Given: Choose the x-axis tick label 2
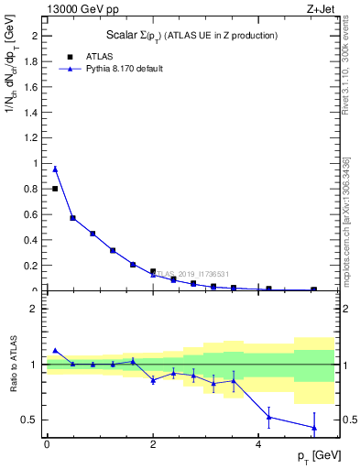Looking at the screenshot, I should (153, 444).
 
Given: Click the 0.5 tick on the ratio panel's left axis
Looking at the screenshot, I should (37, 420).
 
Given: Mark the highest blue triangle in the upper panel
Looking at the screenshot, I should (55, 169).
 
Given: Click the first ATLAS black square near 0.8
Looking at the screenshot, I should (55, 189).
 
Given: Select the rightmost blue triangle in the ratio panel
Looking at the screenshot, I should (314, 428).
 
